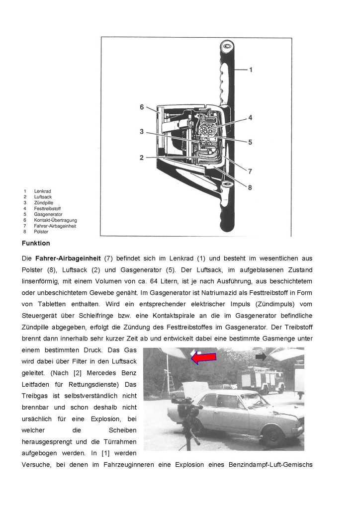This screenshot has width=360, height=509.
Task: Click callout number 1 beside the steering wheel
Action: pyautogui.click(x=251, y=70)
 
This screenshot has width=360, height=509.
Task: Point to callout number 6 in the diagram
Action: pyautogui.click(x=142, y=106)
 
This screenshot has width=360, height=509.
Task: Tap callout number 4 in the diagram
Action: pyautogui.click(x=251, y=118)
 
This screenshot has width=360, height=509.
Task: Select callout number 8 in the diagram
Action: pyautogui.click(x=250, y=187)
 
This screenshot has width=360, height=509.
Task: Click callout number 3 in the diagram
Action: pyautogui.click(x=142, y=132)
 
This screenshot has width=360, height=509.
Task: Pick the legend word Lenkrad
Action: pyautogui.click(x=42, y=191)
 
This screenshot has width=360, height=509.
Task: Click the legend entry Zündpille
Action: pyautogui.click(x=43, y=203)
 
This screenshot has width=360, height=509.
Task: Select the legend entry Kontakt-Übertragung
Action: pyautogui.click(x=55, y=220)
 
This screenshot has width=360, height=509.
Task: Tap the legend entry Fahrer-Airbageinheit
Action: pyautogui.click(x=55, y=226)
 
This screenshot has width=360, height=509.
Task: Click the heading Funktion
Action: pyautogui.click(x=37, y=243)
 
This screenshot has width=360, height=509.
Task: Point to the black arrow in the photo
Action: pyautogui.click(x=261, y=356)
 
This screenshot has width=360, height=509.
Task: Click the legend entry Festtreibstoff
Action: pyautogui.click(x=47, y=208)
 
